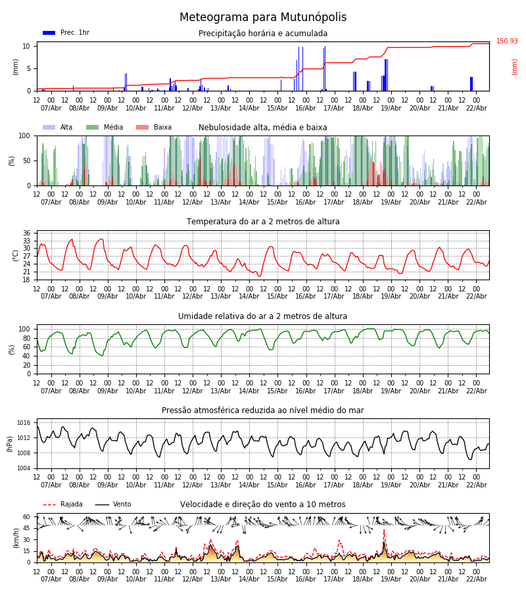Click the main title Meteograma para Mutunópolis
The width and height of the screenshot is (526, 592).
pyautogui.click(x=263, y=18)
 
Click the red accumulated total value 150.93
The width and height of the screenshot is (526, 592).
pyautogui.click(x=507, y=41)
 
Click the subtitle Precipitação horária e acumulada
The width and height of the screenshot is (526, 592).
pyautogui.click(x=263, y=34)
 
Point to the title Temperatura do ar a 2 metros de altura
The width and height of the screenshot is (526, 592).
pyautogui.click(x=263, y=222)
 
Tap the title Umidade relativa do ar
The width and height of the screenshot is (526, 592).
pyautogui.click(x=263, y=316)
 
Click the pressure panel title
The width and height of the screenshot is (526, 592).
pyautogui.click(x=263, y=410)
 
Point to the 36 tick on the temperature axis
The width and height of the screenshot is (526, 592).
pyautogui.click(x=26, y=233)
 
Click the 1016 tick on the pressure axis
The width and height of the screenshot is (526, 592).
pyautogui.click(x=24, y=423)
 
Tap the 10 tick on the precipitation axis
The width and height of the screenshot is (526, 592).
pyautogui.click(x=26, y=46)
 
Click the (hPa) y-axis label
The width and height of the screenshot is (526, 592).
pyautogui.click(x=10, y=443)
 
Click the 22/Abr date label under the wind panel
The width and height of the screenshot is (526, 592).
pyautogui.click(x=476, y=579)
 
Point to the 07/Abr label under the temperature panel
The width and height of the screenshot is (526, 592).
pyautogui.click(x=51, y=296)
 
